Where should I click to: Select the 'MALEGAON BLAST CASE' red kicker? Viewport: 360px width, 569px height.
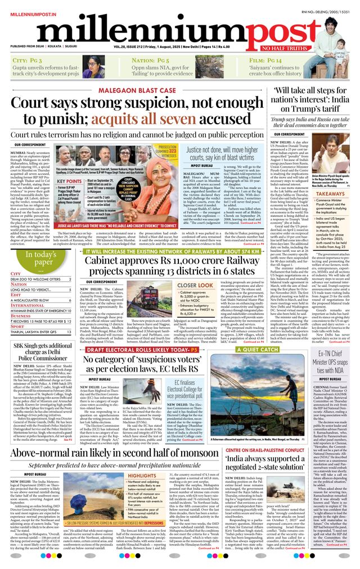pos(137,91)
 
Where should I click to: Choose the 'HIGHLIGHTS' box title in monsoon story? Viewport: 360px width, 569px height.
pos(142,476)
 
